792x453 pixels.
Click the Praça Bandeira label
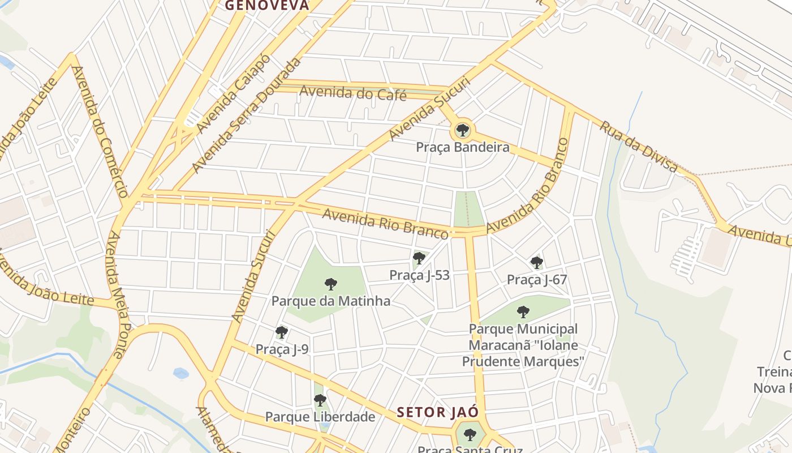462,148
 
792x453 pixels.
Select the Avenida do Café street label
353,92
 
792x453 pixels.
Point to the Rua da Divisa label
639,146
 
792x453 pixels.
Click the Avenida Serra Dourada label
247,116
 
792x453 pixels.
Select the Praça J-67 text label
537,280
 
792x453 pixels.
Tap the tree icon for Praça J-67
537,262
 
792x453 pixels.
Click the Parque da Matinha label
331,301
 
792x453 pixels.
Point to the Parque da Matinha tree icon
331,284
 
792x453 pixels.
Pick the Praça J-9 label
282,349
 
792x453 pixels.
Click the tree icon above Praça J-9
282,332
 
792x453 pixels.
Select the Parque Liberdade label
320,417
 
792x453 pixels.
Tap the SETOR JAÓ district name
438,412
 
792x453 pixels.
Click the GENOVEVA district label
267,6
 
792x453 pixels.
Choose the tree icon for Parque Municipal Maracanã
523,311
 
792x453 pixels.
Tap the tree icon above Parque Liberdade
320,400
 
